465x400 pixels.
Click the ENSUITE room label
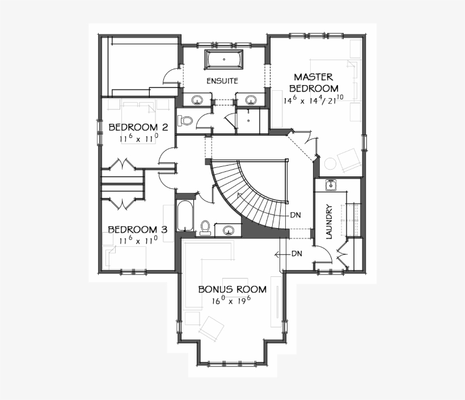(222, 81)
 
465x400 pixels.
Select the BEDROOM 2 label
(130, 127)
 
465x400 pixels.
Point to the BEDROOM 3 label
(138, 230)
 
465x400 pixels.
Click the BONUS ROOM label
(232, 289)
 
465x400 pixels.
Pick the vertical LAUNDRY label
(329, 222)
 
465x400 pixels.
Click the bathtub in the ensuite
(223, 59)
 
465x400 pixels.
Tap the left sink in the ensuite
(197, 100)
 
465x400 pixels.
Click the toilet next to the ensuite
(185, 120)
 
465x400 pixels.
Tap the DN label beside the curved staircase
(295, 215)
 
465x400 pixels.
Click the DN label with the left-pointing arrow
(296, 254)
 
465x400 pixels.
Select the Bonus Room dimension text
(232, 301)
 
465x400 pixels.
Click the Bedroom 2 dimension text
(138, 138)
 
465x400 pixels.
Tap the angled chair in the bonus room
(212, 328)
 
